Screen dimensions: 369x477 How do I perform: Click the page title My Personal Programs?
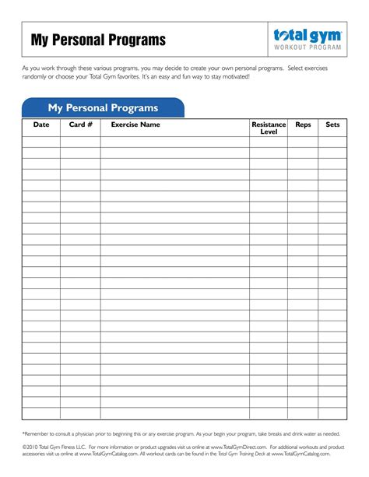[x=98, y=40]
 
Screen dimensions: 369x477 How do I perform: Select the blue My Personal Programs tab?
[x=103, y=108]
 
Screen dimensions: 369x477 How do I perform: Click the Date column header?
[x=41, y=125]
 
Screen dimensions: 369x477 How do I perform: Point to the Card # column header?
[x=80, y=125]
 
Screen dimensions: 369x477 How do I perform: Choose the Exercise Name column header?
[x=135, y=125]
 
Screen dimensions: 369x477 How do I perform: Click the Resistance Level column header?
[x=268, y=128]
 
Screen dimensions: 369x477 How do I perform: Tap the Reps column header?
[x=302, y=125]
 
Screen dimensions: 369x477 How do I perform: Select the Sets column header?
[x=332, y=125]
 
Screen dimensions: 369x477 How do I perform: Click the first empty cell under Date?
[x=41, y=142]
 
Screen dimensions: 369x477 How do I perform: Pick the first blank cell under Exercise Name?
[x=174, y=142]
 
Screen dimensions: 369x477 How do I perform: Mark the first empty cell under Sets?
[x=332, y=142]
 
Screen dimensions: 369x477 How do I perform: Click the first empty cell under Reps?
[x=302, y=142]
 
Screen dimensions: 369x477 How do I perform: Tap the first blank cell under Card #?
[x=80, y=142]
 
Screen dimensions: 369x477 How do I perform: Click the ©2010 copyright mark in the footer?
[x=33, y=448]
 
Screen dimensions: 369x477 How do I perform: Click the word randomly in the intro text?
[x=34, y=77]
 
